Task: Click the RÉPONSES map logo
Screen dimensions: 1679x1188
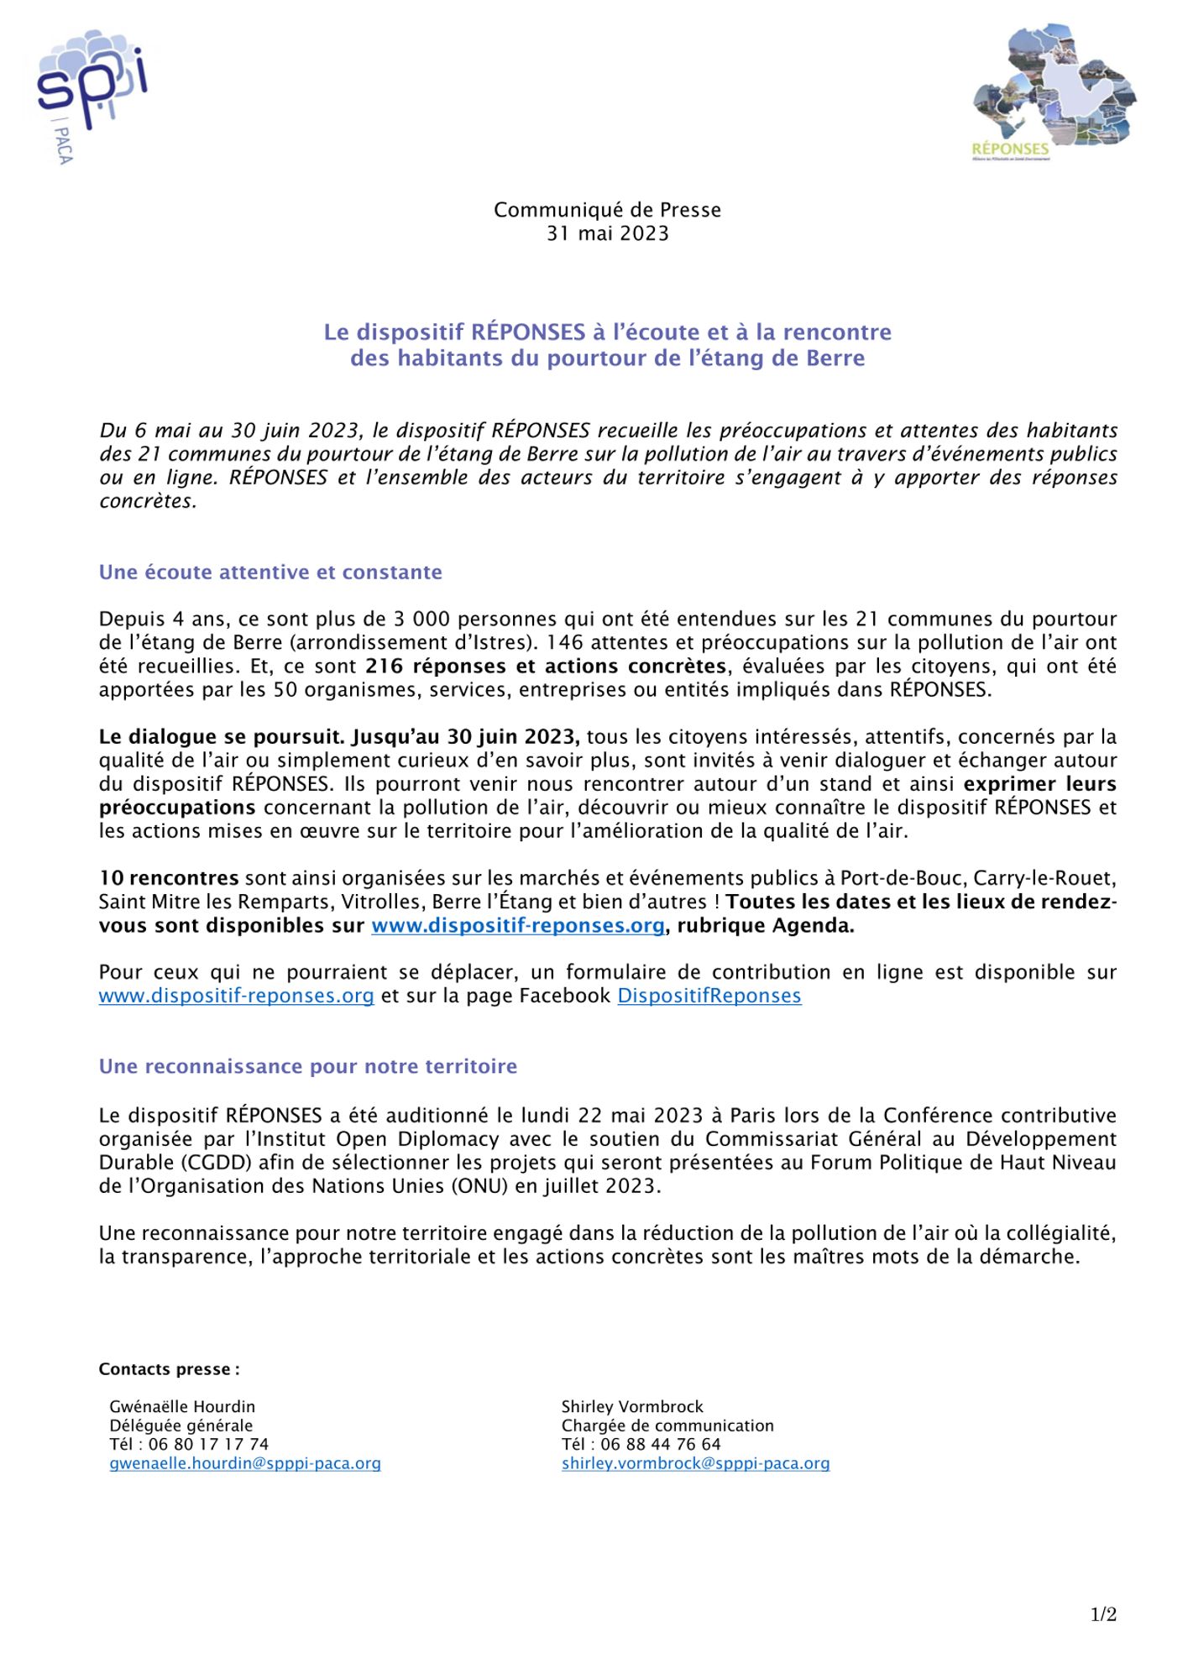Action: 1054,92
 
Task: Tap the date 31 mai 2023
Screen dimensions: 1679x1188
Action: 607,233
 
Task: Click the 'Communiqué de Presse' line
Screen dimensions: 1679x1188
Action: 607,210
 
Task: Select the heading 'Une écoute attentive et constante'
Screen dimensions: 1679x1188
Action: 270,573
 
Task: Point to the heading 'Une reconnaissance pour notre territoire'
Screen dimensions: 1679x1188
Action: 307,1066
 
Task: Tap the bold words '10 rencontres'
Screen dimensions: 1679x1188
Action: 169,878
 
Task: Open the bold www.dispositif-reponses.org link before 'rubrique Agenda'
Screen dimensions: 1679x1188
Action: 518,926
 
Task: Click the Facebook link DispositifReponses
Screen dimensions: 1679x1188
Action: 709,996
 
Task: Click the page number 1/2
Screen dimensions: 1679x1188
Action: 1103,1614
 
